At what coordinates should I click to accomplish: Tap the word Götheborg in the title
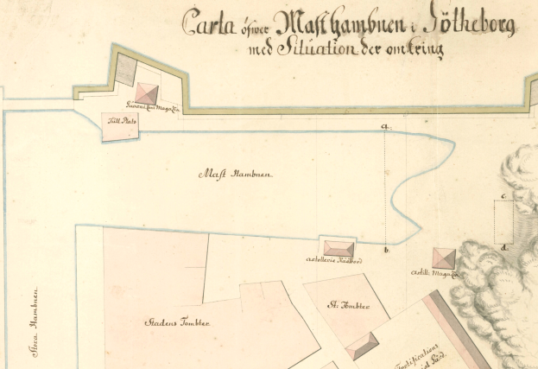pos(471,25)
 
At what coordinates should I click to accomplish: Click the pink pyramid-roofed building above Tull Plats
pos(148,93)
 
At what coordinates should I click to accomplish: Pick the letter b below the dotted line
pos(385,251)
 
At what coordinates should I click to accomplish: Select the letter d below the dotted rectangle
pos(505,246)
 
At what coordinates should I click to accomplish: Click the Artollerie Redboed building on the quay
pos(338,249)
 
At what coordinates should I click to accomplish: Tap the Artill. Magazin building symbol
pos(444,258)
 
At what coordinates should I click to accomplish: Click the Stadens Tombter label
pos(177,322)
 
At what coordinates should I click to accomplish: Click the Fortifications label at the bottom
pos(418,356)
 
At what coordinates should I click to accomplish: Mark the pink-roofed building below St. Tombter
pos(361,346)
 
